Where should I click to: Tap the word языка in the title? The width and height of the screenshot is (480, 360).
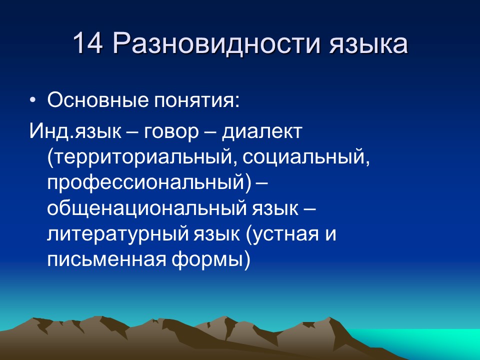pos(368,45)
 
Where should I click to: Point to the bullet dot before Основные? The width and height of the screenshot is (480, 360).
pos(33,100)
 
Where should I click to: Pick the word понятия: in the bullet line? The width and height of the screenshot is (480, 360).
pos(196,100)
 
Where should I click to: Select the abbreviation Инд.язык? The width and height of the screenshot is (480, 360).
pos(75,131)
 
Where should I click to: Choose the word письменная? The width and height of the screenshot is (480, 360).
pos(107,259)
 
